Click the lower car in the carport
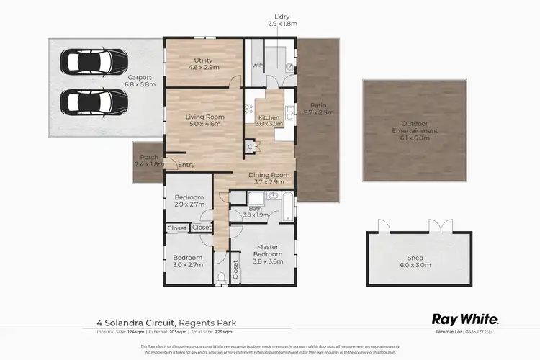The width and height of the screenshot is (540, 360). [82, 102]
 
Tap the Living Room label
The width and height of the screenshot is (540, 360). [207, 120]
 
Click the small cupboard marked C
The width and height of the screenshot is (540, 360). [249, 146]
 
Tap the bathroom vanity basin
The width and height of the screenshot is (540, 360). [274, 195]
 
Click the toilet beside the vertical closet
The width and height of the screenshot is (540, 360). [221, 277]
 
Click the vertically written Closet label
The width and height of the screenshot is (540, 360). [235, 269]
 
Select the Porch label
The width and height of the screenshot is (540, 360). [148, 161]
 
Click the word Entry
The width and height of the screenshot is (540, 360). [186, 165]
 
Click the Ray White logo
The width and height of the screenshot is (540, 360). [464, 318]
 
